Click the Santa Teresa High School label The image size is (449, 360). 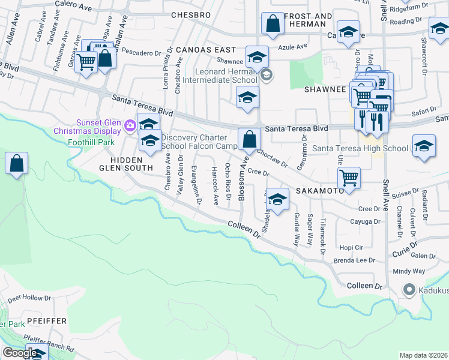360,148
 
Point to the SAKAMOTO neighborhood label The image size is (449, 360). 319,191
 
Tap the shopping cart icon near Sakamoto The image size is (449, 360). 349,178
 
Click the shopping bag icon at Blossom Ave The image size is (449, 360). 249,140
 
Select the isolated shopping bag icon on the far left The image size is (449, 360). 17,163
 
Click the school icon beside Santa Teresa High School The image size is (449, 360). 424,146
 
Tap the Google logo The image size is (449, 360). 19,353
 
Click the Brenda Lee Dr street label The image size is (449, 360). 355,261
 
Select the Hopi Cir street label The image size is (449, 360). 352,247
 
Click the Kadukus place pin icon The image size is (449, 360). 409,290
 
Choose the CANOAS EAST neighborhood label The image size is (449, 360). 206,50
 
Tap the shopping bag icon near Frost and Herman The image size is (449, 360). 273,24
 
